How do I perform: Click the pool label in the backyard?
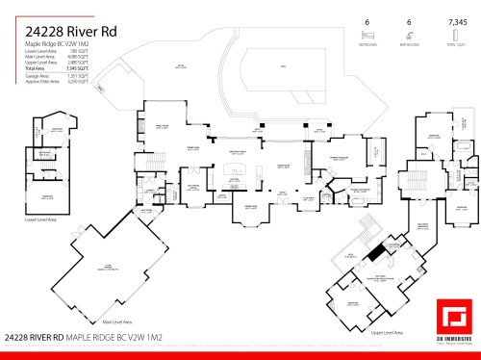coord(282,66)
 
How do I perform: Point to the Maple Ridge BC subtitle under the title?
coord(58,44)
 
